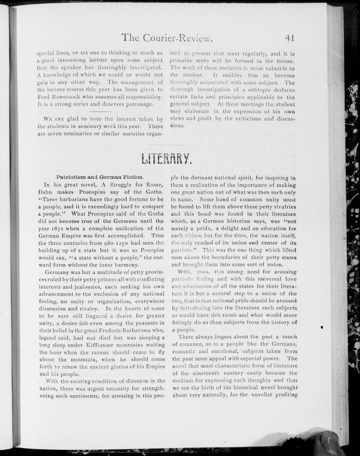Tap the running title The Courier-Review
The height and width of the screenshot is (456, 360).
pos(167,38)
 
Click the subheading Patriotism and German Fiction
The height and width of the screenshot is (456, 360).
pos(100,178)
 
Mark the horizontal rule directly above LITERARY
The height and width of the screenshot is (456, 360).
pos(167,145)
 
